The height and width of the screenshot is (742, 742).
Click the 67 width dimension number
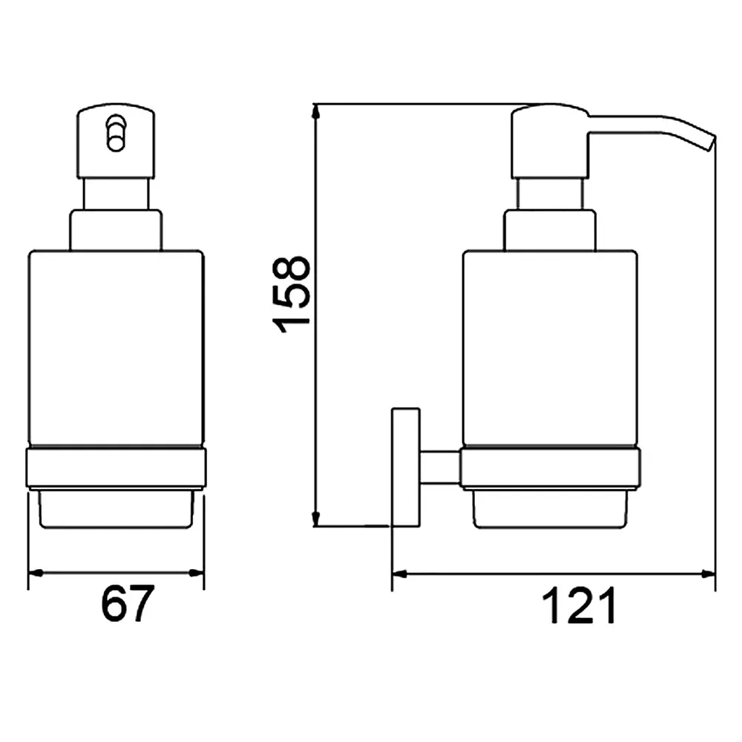(128, 603)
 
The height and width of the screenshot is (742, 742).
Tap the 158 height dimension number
(291, 295)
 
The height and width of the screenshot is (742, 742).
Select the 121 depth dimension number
(579, 605)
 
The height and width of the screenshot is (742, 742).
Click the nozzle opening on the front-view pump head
(116, 133)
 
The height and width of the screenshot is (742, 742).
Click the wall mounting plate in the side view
(406, 467)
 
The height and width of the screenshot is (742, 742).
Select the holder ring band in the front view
(116, 468)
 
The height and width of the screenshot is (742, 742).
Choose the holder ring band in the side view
(551, 468)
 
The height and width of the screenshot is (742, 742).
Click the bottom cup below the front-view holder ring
(116, 509)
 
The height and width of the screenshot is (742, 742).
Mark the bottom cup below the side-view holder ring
(551, 509)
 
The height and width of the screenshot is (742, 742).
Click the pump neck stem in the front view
(116, 194)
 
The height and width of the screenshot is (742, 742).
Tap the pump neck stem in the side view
(551, 194)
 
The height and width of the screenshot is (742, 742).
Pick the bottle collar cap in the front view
(116, 231)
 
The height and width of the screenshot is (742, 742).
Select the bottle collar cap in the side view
(551, 231)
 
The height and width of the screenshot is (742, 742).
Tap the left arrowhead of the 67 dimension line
(36, 573)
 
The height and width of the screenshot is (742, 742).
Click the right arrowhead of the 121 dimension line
(708, 574)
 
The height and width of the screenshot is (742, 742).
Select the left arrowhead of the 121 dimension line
(400, 574)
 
